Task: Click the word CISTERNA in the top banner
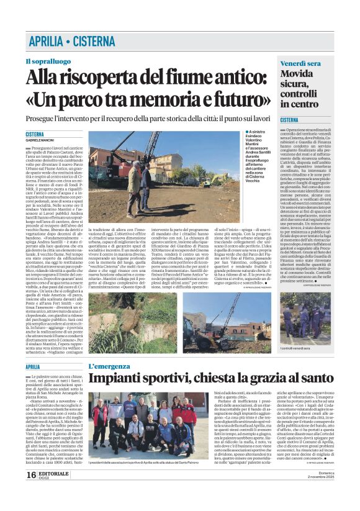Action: pos(94,42)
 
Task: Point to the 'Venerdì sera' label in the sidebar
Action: pos(300,64)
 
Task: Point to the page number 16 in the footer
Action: pos(30,492)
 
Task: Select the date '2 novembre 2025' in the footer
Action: pos(317,495)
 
